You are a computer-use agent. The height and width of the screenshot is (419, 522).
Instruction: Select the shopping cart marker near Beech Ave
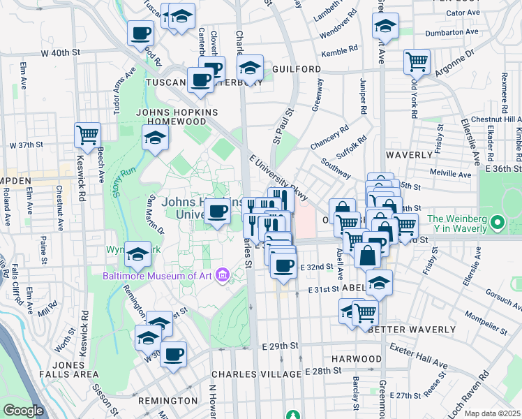[88, 135]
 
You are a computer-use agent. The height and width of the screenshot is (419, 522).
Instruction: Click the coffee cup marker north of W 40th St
[140, 33]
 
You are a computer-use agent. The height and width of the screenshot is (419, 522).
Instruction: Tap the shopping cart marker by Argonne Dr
[417, 61]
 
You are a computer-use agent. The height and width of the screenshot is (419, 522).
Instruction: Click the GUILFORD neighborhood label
[297, 70]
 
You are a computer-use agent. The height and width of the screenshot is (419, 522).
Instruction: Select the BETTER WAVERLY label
[412, 329]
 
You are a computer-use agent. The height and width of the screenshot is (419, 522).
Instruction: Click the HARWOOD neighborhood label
[356, 359]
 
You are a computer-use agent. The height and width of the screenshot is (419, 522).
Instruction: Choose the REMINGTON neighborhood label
[167, 401]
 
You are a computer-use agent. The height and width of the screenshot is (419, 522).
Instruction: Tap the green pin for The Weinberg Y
[497, 223]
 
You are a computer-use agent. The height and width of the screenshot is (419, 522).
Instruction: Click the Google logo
[23, 411]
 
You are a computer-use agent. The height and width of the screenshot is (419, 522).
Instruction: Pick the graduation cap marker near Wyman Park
[138, 256]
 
